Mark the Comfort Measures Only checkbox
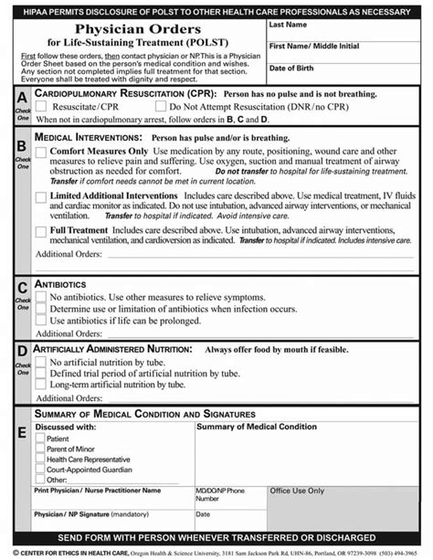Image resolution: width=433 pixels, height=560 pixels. click(x=40, y=152)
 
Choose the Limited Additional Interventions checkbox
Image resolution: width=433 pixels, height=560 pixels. click(x=40, y=195)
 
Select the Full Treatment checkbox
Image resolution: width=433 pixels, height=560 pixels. click(x=40, y=231)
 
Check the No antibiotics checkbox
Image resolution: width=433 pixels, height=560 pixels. click(x=40, y=298)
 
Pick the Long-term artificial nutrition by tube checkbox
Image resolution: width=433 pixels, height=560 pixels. click(x=40, y=385)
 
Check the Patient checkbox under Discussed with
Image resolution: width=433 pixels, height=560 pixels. click(x=39, y=438)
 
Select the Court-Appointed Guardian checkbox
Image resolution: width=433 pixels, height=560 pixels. click(x=39, y=469)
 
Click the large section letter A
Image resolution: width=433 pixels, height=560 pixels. click(x=22, y=97)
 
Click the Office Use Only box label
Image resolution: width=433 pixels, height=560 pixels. click(x=298, y=491)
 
